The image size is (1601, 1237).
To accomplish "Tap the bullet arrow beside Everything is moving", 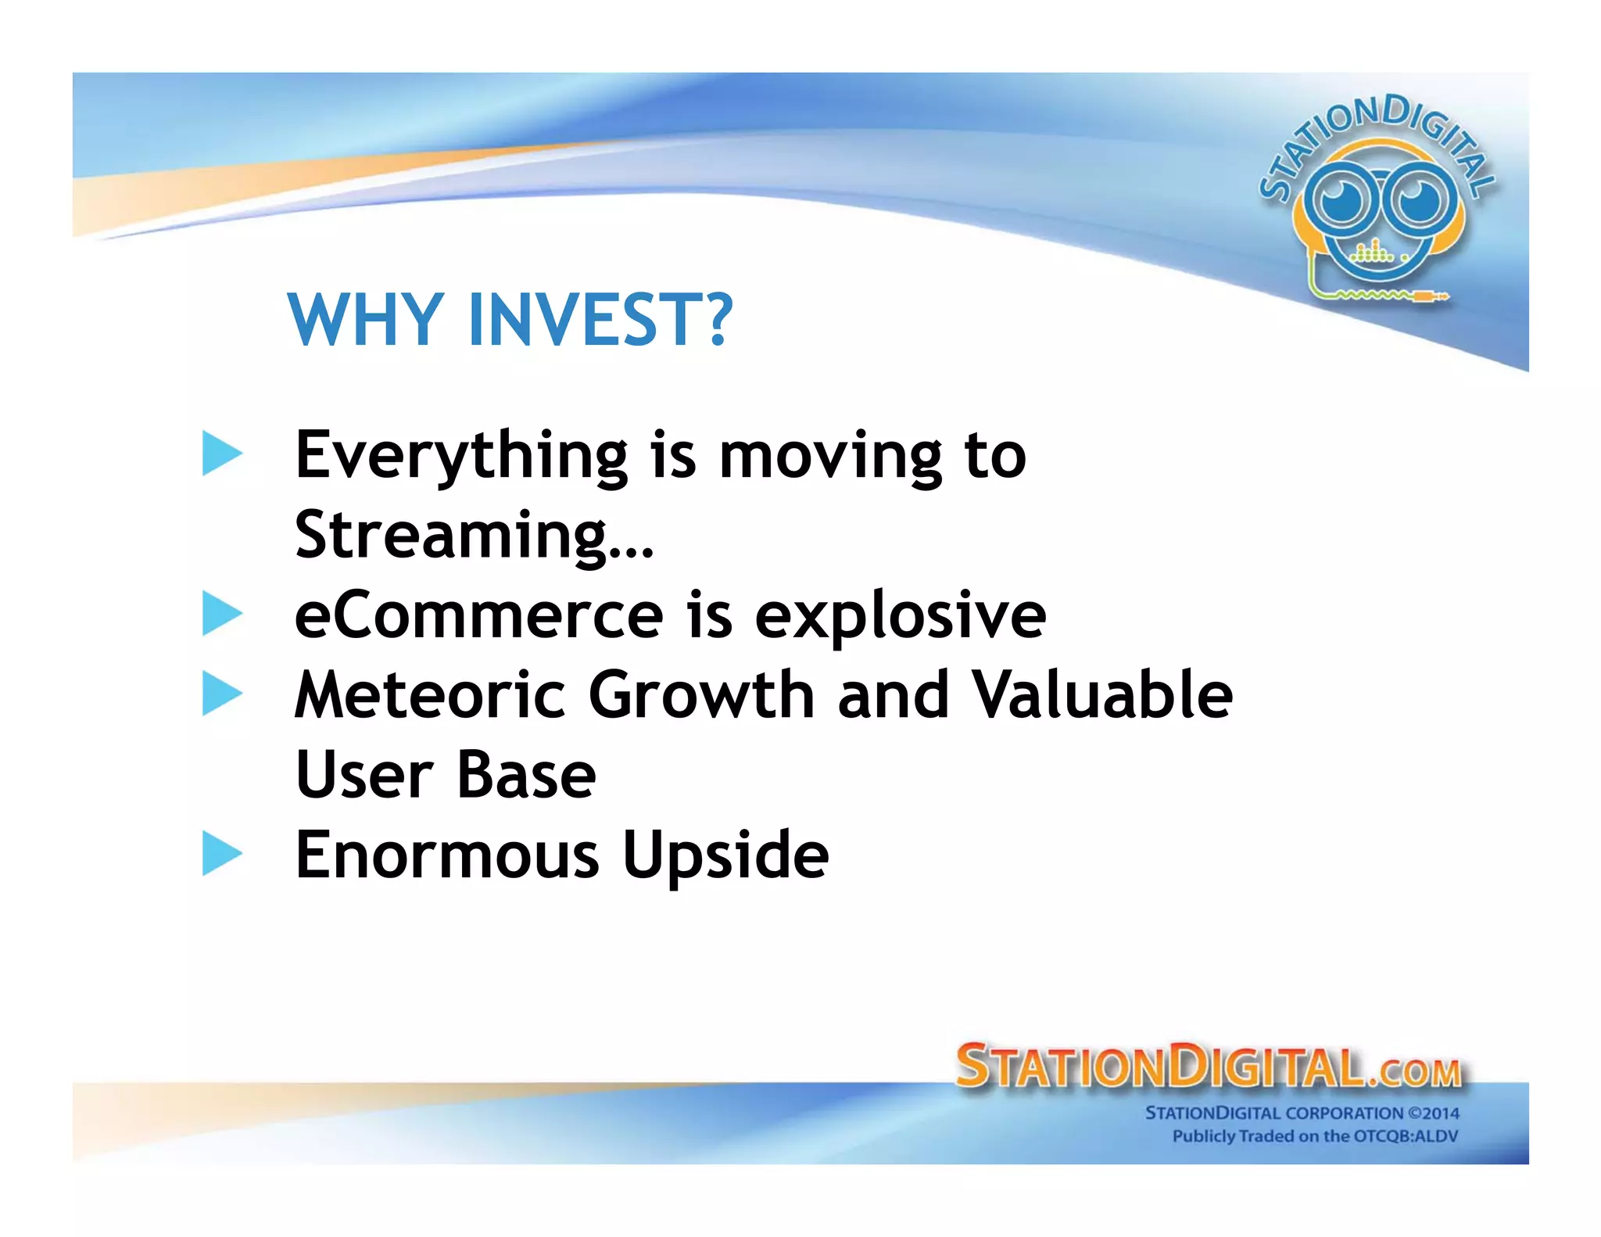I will click(221, 454).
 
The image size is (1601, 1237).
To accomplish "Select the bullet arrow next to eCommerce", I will click(221, 614).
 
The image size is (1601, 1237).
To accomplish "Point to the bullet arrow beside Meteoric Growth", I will click(221, 694).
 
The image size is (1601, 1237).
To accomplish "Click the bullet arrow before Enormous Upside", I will click(221, 853).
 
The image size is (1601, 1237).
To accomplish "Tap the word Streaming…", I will click(474, 536).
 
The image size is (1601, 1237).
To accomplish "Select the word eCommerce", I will click(478, 615).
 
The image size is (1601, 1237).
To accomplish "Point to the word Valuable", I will click(1102, 695).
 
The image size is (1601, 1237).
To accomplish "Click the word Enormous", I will click(447, 855).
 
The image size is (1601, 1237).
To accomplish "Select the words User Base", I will click(446, 775).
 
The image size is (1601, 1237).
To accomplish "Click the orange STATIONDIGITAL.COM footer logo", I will click(1208, 1067).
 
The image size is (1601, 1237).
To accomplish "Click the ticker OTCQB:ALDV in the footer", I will click(1405, 1136).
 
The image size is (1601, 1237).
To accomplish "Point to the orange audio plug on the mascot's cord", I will click(1431, 296).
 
